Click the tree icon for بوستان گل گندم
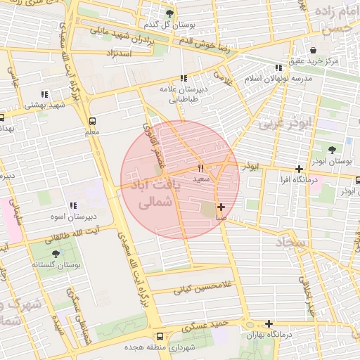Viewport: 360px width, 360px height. click(x=169, y=13)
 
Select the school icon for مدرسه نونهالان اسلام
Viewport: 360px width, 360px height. click(x=279, y=67)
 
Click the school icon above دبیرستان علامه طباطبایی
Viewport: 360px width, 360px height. click(x=184, y=79)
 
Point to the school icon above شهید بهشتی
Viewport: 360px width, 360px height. click(x=44, y=94)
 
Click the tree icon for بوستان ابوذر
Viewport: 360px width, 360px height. click(x=333, y=149)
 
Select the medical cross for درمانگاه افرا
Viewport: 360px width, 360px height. click(x=300, y=169)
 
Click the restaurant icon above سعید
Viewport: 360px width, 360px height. click(x=201, y=168)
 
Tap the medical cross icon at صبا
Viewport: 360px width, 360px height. click(x=221, y=207)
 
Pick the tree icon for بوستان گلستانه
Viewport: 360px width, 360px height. click(x=56, y=253)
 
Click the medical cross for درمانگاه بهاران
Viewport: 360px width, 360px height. click(x=269, y=323)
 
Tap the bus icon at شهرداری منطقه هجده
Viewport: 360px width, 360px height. click(x=160, y=336)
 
